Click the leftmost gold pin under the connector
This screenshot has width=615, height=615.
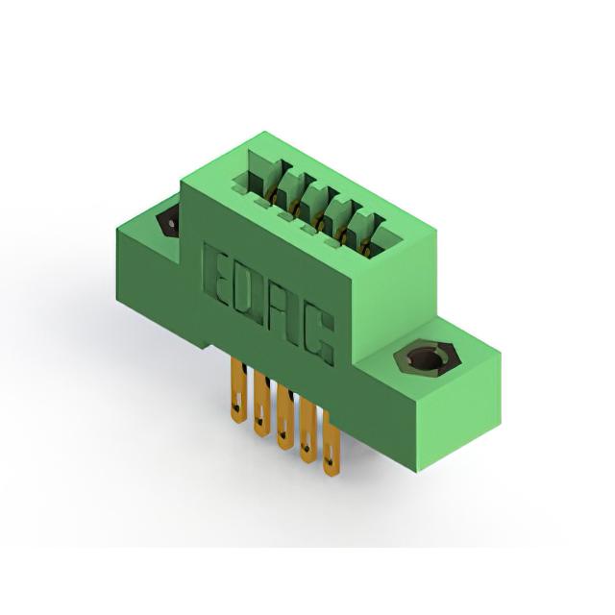(237, 392)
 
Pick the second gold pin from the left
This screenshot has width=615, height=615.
(261, 405)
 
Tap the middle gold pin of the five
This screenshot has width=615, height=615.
(284, 418)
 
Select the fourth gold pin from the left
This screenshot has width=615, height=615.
(307, 430)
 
